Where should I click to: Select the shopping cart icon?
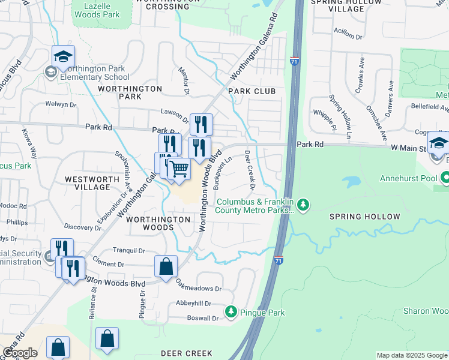pyautogui.click(x=179, y=170)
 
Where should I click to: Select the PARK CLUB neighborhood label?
pyautogui.click(x=252, y=91)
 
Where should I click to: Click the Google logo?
pyautogui.click(x=19, y=353)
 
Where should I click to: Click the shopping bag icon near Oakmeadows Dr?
pyautogui.click(x=166, y=267)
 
